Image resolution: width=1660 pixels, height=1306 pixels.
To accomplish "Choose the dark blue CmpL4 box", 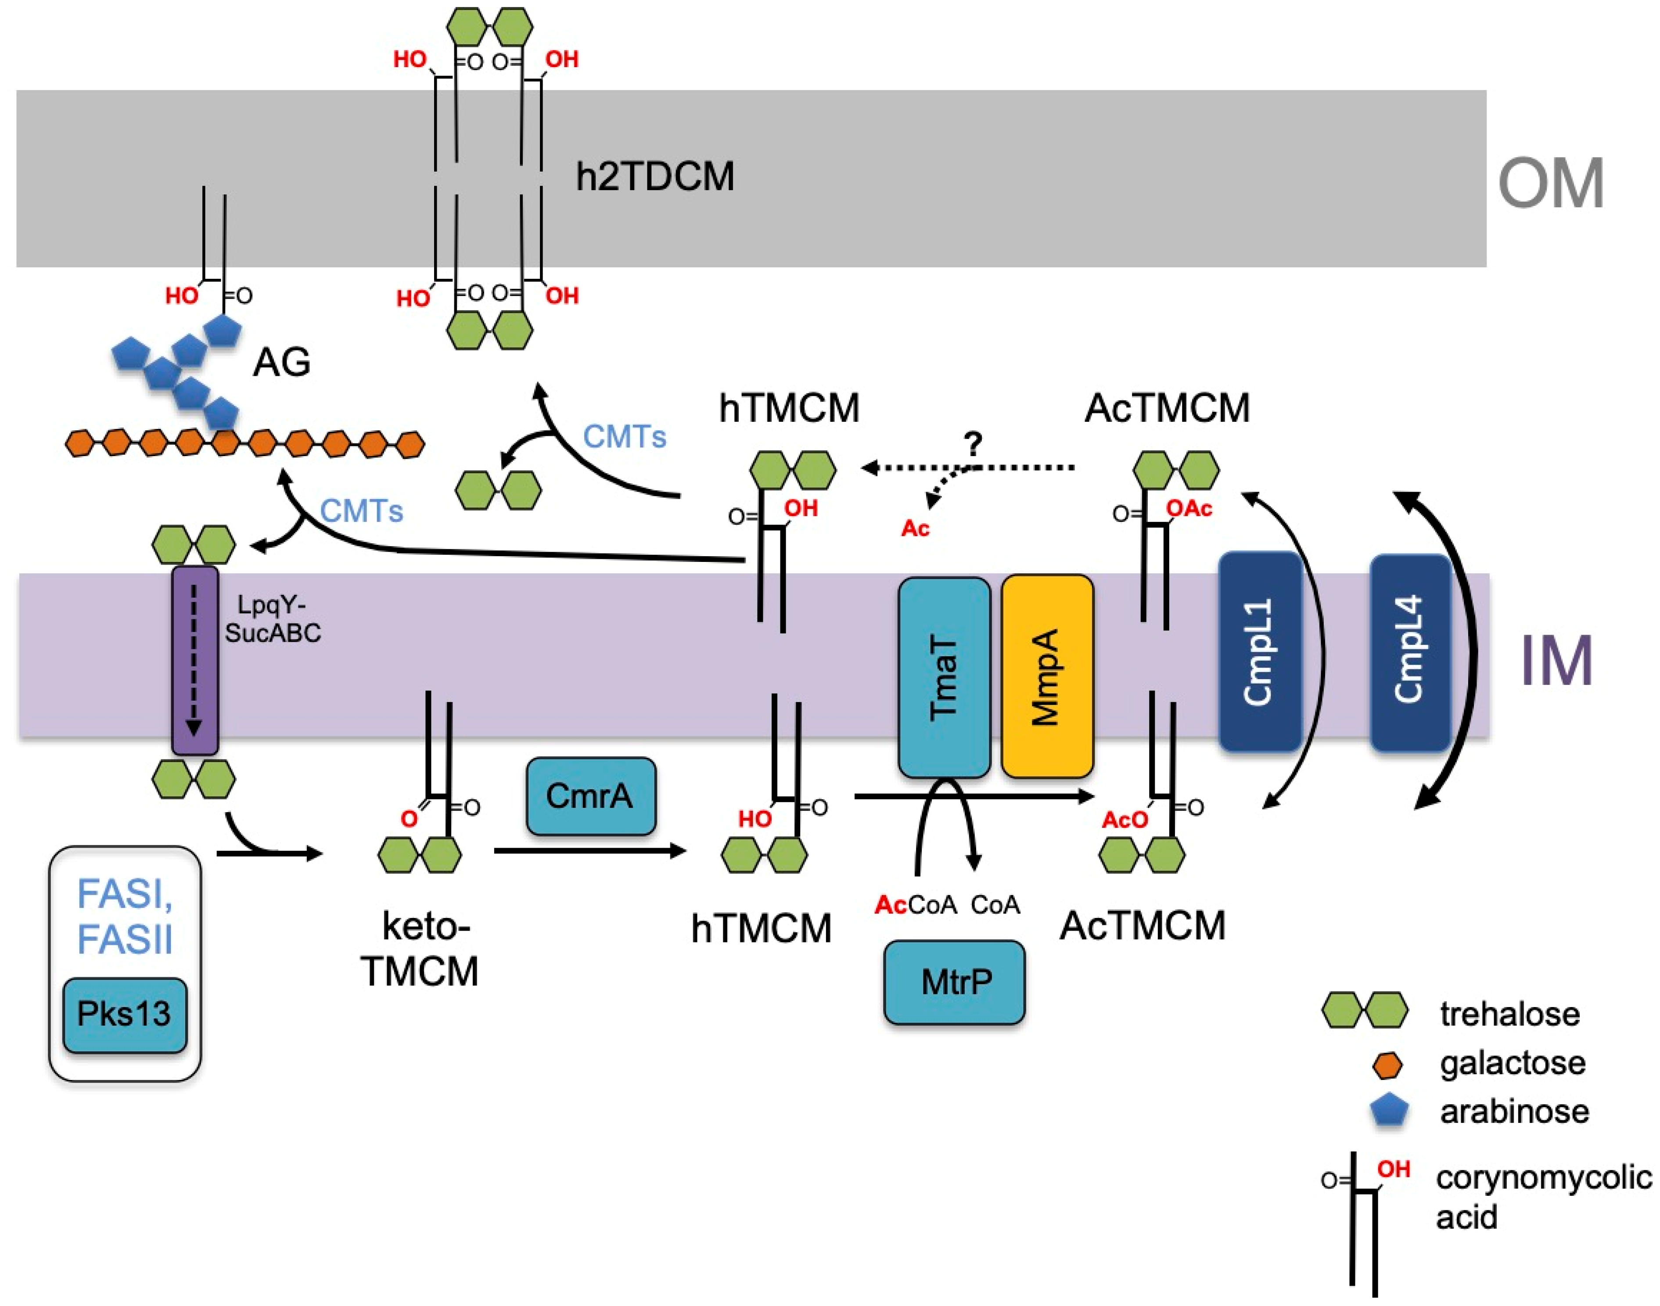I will pos(1409,651).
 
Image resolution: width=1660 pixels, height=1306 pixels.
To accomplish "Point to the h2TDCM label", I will pos(654,176).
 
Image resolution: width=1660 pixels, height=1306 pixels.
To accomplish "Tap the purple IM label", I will pos(1555,661).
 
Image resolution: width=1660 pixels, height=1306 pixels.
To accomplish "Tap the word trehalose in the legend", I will pos(1509,1014).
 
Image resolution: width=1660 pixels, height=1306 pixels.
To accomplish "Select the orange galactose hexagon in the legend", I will pos(1387,1065).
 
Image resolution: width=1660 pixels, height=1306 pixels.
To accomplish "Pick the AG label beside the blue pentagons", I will pos(281,362).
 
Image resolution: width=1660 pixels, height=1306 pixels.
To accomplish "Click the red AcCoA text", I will pos(914,905).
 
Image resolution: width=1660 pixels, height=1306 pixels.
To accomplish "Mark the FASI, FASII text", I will pos(125,916).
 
